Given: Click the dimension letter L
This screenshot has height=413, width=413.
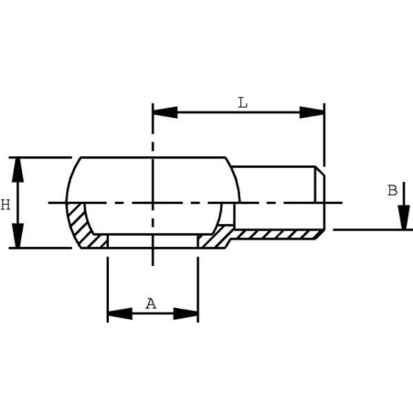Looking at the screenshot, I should pos(242,102).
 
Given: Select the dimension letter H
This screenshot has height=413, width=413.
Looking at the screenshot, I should pos(5,205).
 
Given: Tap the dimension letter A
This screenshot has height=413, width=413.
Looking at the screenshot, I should pos(152,303).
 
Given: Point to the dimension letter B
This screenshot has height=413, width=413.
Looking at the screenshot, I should pos(392,190).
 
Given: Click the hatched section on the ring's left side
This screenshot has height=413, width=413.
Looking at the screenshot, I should pos(80,226).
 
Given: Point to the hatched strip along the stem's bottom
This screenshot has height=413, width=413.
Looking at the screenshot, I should pos(279,234).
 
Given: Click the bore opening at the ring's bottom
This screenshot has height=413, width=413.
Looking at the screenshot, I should pos(153,241).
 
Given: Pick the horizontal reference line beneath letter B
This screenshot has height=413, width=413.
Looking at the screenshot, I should pos(370,229).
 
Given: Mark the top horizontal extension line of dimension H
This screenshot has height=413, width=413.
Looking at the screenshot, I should pos(41,157).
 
